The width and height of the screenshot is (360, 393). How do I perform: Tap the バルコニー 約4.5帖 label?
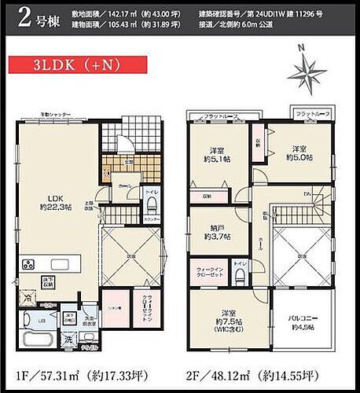(302, 323)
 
